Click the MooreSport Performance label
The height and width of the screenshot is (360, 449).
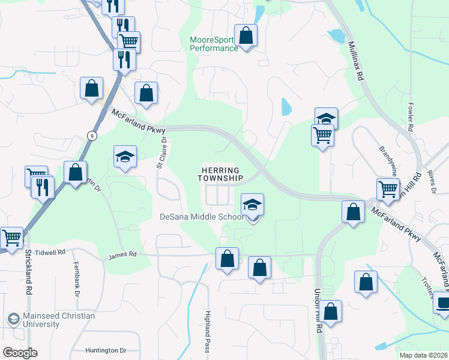coord(214,44)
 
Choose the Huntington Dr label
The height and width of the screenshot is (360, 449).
coord(106,350)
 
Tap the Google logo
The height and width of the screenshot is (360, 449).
coord(20,352)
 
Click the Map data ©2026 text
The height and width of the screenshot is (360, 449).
coord(423,355)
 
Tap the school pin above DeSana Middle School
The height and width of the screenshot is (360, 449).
coord(253,204)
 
